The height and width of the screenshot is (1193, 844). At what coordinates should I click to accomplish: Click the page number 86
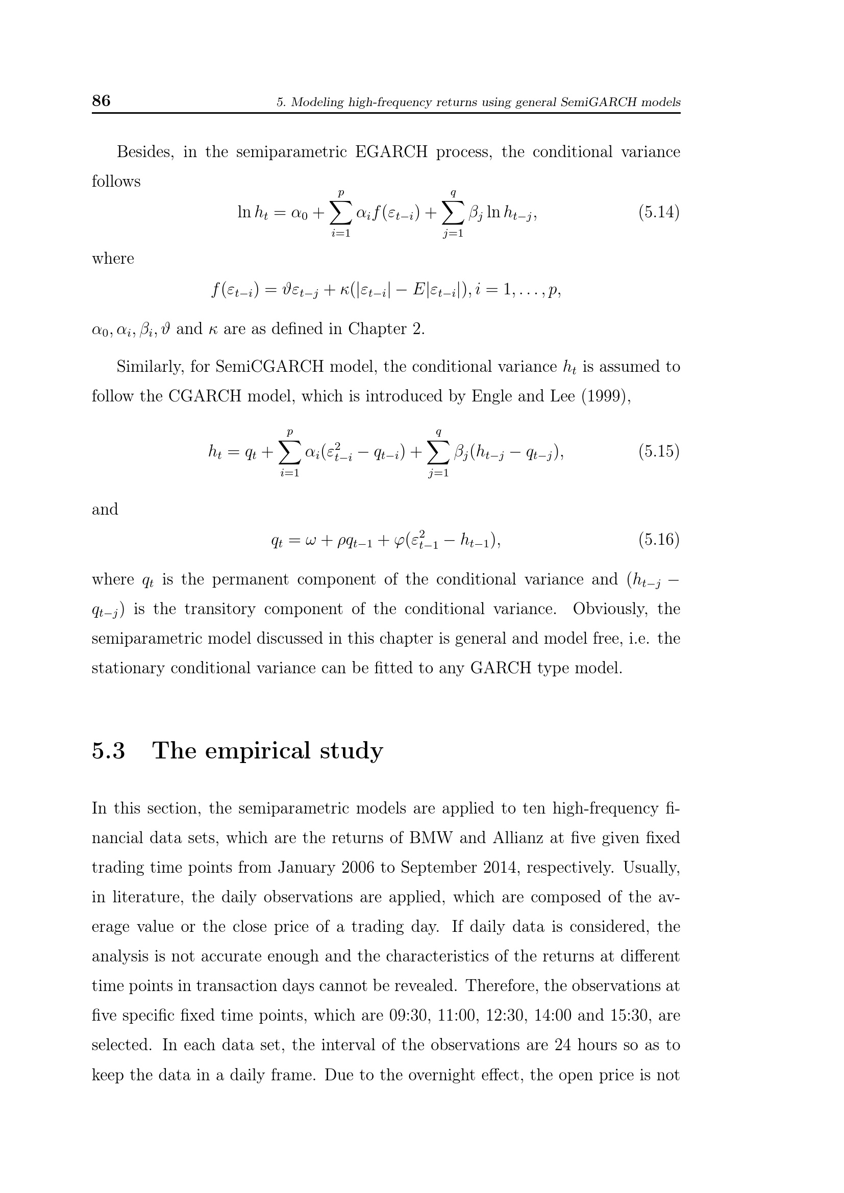tap(101, 100)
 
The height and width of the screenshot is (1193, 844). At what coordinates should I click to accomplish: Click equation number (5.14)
tap(658, 213)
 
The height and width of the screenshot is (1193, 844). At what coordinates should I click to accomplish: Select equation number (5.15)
tap(658, 451)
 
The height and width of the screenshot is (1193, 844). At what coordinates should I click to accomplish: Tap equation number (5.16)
tap(658, 540)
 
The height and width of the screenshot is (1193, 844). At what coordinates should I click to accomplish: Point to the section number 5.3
tap(109, 751)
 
